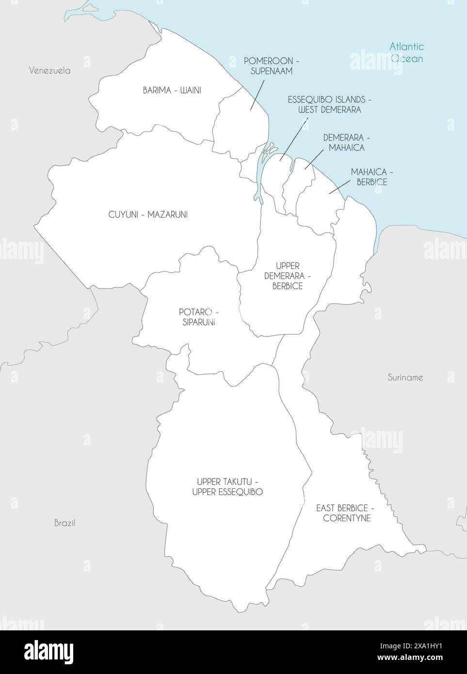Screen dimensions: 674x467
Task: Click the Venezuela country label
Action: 49,70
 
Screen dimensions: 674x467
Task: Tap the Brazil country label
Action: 64,523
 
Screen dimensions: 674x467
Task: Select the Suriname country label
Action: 405,377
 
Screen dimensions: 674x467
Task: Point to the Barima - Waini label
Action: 172,90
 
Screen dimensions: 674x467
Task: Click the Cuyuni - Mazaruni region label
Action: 148,214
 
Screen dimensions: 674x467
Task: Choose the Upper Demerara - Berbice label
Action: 287,276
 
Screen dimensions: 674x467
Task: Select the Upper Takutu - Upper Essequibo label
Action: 227,486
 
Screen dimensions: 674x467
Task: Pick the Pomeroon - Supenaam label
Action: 271,66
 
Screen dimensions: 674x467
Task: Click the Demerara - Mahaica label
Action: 343,143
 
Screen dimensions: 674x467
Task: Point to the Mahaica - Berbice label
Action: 369,177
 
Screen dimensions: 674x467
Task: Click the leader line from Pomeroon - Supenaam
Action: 258,95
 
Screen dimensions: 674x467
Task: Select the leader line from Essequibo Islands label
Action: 294,138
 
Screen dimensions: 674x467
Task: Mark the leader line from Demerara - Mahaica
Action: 314,159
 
